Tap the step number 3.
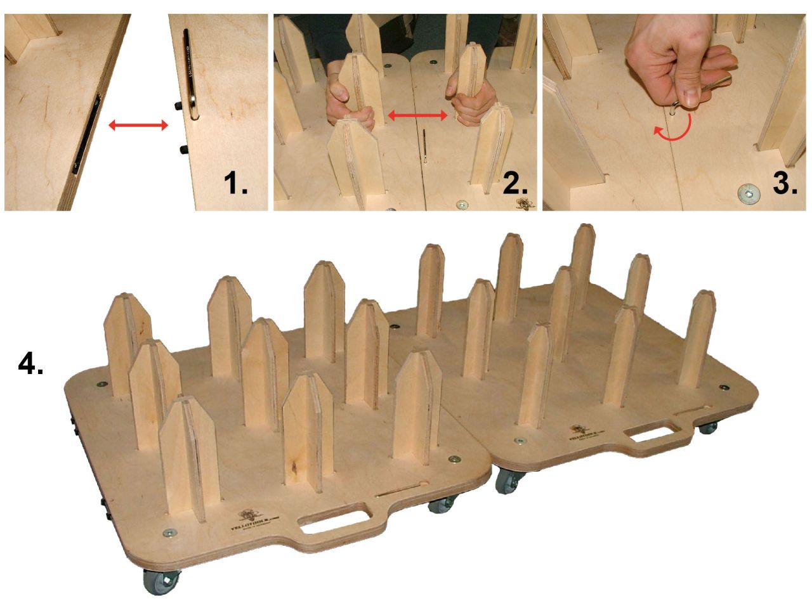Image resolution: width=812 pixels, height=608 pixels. (x=785, y=183)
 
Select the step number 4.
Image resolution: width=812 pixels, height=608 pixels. (x=30, y=363)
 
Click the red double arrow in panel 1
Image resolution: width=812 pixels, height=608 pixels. (x=138, y=126)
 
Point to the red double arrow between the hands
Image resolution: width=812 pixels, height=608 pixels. (x=418, y=115)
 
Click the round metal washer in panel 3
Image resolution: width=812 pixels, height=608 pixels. (x=749, y=193)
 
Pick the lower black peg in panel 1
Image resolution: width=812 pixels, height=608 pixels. (x=183, y=150)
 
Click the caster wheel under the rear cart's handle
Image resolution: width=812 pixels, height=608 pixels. (x=707, y=427)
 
